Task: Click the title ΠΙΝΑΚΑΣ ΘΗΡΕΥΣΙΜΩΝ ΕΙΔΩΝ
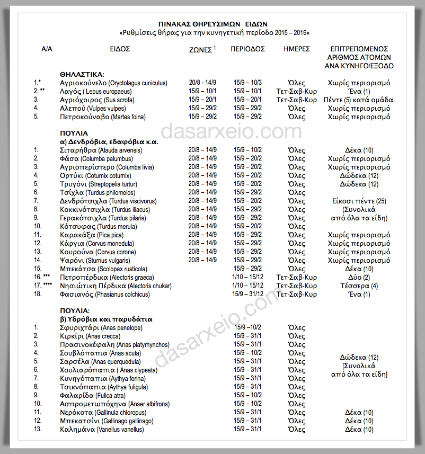click(214, 24)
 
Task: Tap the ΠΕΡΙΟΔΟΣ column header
click(248, 49)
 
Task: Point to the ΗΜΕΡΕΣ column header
click(296, 49)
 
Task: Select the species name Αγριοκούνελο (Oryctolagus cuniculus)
click(114, 83)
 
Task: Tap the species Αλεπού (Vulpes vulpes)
click(99, 108)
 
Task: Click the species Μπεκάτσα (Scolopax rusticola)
click(103, 269)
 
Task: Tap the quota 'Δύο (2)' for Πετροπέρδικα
click(359, 278)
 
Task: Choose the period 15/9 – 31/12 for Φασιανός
click(247, 295)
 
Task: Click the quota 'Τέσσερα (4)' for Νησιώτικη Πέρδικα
click(359, 286)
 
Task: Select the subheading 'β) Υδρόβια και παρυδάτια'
click(106, 319)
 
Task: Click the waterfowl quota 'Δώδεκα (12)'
click(359, 358)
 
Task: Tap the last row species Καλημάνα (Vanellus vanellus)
click(102, 430)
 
